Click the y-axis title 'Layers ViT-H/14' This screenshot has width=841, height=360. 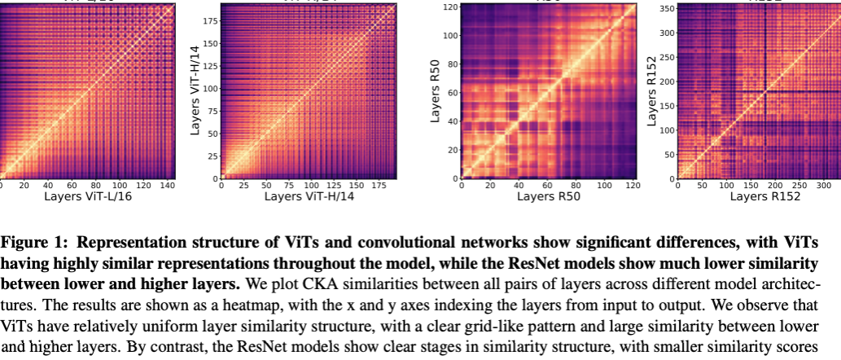pyautogui.click(x=195, y=90)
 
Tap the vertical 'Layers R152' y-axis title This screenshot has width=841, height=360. pyautogui.click(x=650, y=90)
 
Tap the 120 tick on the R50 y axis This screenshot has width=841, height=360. pyautogui.click(x=447, y=7)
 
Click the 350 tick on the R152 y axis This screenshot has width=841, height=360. pyautogui.click(x=665, y=9)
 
